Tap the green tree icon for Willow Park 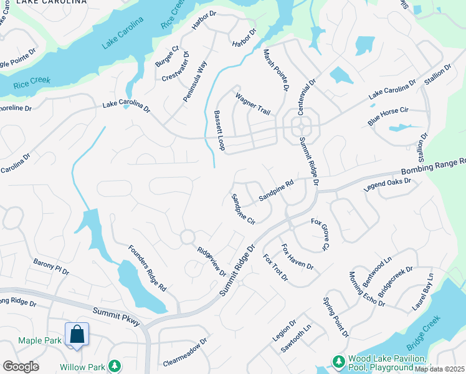point(114,366)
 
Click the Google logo point(21,367)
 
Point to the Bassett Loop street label point(219,130)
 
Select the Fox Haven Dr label point(297,257)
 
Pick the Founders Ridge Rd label point(147,269)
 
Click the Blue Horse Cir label point(388,116)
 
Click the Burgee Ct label point(167,55)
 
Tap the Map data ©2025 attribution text point(440,369)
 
